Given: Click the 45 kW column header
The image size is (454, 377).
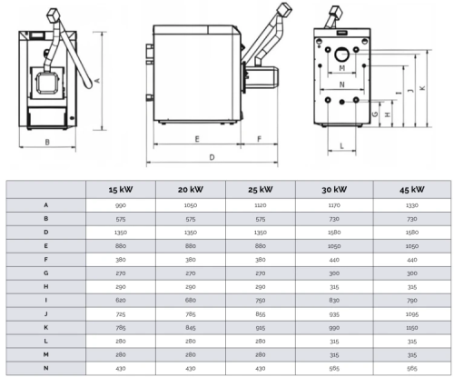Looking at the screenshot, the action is point(412,190).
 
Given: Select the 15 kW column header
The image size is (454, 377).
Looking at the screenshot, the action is point(121,190).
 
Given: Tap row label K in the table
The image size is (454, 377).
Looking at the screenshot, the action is point(46,327).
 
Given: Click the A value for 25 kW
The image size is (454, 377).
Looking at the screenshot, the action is point(261,205).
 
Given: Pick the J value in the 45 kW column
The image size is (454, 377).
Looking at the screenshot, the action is point(412,314).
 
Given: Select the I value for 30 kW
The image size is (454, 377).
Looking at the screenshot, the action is point(334,301).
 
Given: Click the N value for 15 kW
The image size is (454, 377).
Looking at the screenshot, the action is point(121,369).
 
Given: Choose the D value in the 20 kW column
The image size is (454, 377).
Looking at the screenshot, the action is point(191,233).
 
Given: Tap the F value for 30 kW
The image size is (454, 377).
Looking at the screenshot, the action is point(334,260).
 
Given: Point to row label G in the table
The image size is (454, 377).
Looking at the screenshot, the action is point(46,273).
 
